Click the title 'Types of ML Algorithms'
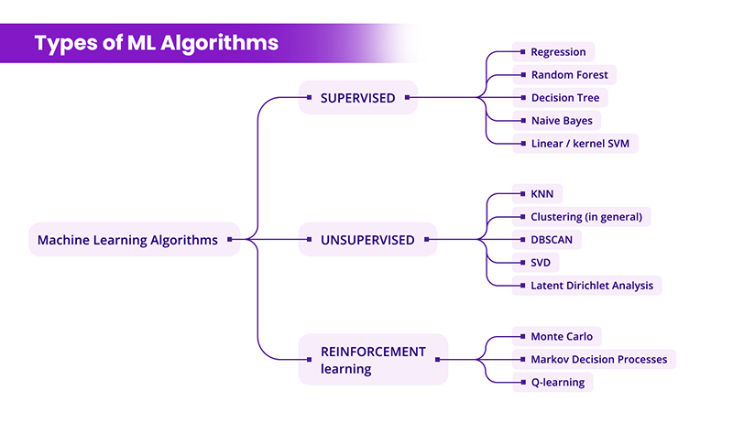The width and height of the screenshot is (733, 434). pos(157,43)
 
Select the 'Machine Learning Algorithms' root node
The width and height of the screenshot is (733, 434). pos(127,241)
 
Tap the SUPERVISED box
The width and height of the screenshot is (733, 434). pos(358,98)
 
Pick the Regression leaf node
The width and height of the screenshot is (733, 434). pos(556,52)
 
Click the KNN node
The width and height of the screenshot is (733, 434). pos(541,194)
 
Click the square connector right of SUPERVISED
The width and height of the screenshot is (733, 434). pos(407,96)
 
